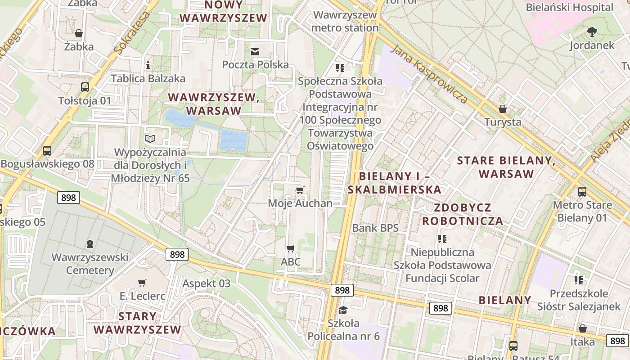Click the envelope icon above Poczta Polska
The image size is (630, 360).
(255, 51)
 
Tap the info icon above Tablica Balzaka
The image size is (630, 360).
(148, 65)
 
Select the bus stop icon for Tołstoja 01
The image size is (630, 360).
(85, 87)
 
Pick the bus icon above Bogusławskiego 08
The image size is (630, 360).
(47, 151)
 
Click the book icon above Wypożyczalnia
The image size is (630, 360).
(150, 139)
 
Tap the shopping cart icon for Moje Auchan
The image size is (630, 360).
(300, 190)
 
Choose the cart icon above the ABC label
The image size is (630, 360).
(291, 248)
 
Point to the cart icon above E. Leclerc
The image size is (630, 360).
(142, 283)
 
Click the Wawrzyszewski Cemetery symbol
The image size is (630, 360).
(90, 244)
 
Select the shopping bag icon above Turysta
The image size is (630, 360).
(503, 109)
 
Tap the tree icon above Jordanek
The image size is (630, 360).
(592, 32)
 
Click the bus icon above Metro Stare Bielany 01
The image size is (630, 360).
(582, 192)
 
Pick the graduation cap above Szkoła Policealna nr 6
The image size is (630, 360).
(343, 310)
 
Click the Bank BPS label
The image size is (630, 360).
(375, 228)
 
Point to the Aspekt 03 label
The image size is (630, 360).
(206, 283)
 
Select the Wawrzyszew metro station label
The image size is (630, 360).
(345, 21)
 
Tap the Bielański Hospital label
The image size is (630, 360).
(570, 7)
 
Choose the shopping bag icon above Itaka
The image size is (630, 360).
(583, 328)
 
